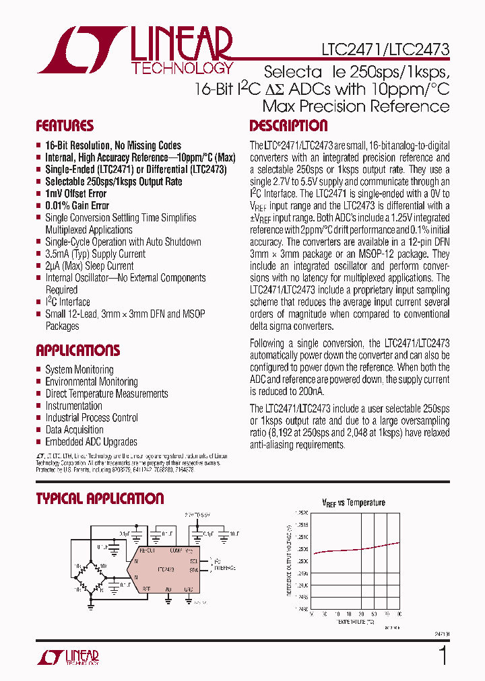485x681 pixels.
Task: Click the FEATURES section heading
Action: point(65,126)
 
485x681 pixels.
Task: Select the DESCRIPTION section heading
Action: point(288,126)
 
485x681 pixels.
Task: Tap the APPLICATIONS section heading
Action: point(77,351)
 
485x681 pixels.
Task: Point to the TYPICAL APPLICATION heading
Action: point(100,499)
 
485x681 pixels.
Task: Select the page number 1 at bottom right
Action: point(443,655)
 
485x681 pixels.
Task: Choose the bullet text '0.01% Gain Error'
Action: point(77,206)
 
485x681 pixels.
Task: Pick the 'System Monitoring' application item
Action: point(79,369)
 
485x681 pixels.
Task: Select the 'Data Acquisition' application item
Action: point(74,430)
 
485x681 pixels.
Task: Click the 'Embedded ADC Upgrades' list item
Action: point(91,442)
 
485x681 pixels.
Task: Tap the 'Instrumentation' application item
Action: point(73,406)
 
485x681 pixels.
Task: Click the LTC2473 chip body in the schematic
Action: point(165,569)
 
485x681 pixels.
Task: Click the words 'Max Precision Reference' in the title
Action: point(356,106)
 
